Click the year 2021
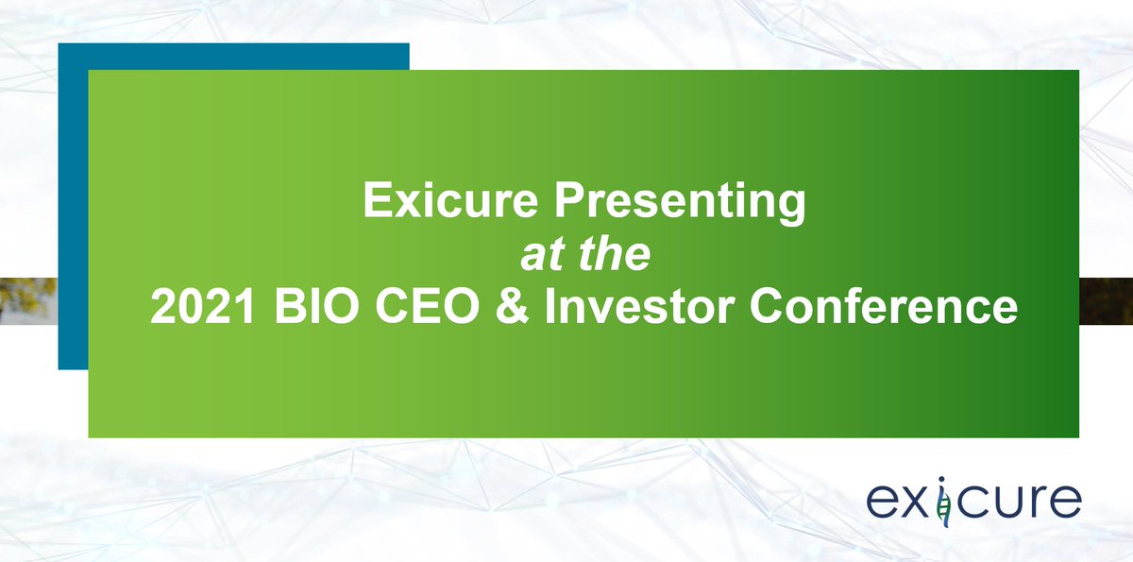(195, 308)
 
